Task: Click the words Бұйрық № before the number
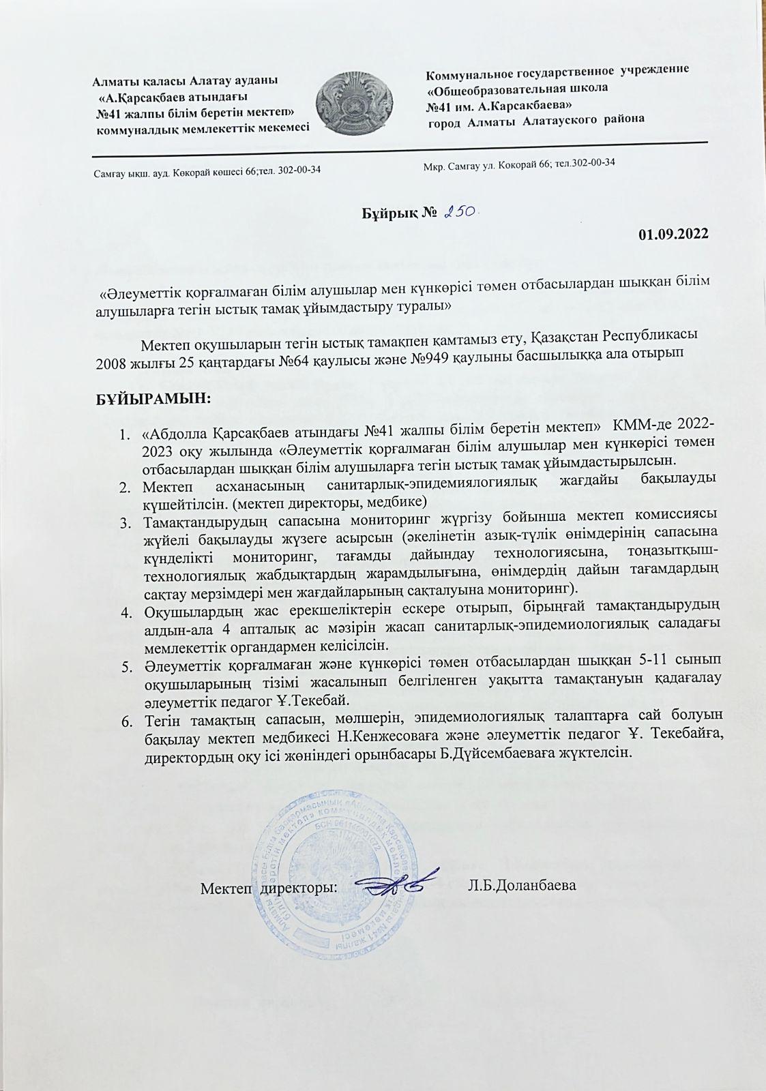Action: (x=398, y=213)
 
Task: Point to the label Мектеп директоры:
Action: (x=269, y=888)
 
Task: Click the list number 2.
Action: (x=126, y=487)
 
